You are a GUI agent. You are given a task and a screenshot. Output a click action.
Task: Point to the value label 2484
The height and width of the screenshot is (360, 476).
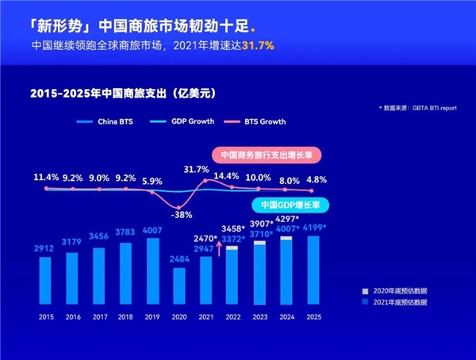(180, 259)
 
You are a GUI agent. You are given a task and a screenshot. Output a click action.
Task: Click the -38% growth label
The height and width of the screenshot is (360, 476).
(182, 214)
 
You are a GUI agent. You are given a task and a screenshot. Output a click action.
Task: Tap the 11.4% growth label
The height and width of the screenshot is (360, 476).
(47, 177)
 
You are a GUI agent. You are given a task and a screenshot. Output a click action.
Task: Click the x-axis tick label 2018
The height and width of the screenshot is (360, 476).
(126, 315)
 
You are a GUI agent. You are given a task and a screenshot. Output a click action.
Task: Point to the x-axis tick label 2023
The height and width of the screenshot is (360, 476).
(259, 315)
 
